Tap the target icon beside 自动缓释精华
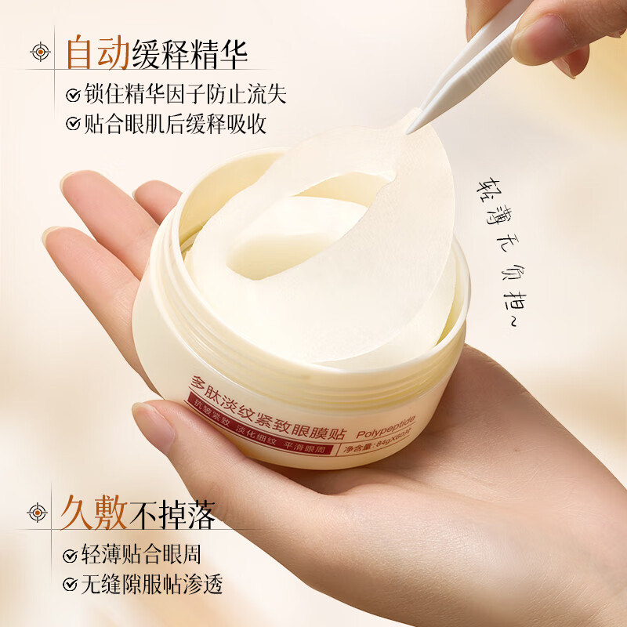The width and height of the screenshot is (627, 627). pyautogui.click(x=39, y=53)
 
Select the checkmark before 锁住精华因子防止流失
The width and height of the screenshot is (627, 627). pyautogui.click(x=72, y=96)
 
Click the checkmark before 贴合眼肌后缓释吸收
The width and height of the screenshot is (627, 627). pyautogui.click(x=72, y=124)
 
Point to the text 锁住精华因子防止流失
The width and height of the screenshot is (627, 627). pyautogui.click(x=184, y=95)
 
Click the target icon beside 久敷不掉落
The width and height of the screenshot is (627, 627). pyautogui.click(x=37, y=513)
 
